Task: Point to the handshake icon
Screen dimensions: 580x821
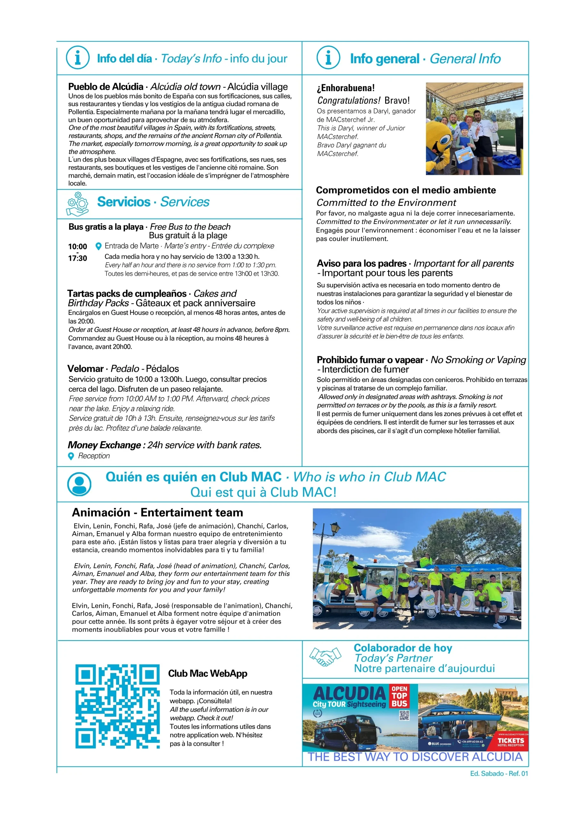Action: [325, 657]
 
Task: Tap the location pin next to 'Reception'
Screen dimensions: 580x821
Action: [71, 456]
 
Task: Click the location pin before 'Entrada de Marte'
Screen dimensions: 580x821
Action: [99, 246]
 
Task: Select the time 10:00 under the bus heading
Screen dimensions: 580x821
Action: [78, 246]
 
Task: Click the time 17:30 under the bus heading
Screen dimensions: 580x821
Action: [78, 258]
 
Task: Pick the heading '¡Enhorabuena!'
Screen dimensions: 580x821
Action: [345, 88]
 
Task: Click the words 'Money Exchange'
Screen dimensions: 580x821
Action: [104, 445]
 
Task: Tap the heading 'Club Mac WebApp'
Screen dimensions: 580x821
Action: [208, 673]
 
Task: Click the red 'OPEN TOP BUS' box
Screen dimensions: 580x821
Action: [399, 696]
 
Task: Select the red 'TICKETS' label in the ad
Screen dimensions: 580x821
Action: [511, 741]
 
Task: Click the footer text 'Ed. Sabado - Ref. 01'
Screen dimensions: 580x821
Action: [499, 774]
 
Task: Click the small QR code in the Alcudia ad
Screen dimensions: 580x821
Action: [404, 715]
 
